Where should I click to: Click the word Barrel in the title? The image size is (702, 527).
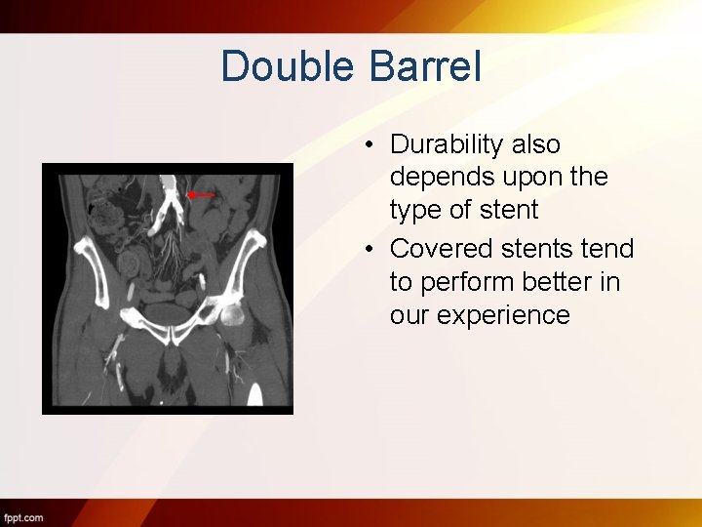pyautogui.click(x=426, y=66)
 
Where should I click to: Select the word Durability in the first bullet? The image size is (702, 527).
pyautogui.click(x=448, y=144)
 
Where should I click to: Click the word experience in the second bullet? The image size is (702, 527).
pyautogui.click(x=480, y=315)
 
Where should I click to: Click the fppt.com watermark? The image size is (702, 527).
pyautogui.click(x=22, y=516)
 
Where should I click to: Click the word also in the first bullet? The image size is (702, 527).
pyautogui.click(x=535, y=144)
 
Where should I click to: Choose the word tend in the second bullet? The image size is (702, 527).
pyautogui.click(x=609, y=249)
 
